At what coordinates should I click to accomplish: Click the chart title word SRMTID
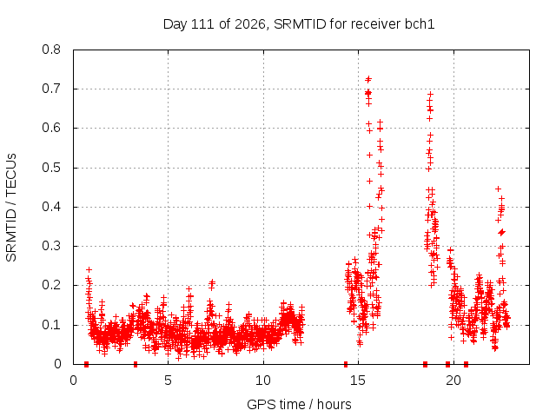[300, 24]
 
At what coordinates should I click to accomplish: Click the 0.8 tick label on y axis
[51, 50]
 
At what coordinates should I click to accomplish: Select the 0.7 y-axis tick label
[51, 89]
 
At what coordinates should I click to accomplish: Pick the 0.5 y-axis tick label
[51, 168]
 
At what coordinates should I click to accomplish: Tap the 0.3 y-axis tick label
[51, 246]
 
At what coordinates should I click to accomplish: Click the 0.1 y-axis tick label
[51, 324]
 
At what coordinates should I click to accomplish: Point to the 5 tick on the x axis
[168, 381]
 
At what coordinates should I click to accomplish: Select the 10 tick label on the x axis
[262, 381]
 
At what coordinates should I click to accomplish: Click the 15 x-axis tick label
[358, 381]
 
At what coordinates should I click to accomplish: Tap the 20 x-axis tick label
[453, 381]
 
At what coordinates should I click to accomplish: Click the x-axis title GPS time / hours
[299, 404]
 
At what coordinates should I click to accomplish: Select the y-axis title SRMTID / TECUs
[11, 208]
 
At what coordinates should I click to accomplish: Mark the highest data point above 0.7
[368, 78]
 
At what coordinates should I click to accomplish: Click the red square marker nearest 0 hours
[86, 364]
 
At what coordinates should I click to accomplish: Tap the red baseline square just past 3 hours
[136, 364]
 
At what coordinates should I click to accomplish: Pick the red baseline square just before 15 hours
[346, 364]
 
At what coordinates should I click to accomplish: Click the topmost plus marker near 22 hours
[498, 189]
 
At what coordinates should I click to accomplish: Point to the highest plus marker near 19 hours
[431, 95]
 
